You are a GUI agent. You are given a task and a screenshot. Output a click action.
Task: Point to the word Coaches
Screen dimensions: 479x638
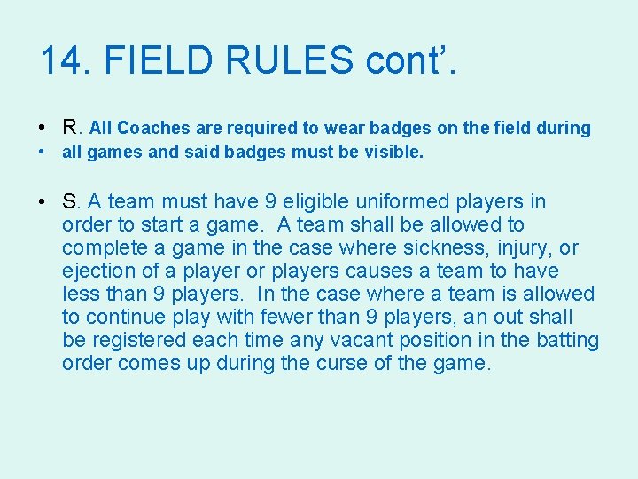[154, 128]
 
